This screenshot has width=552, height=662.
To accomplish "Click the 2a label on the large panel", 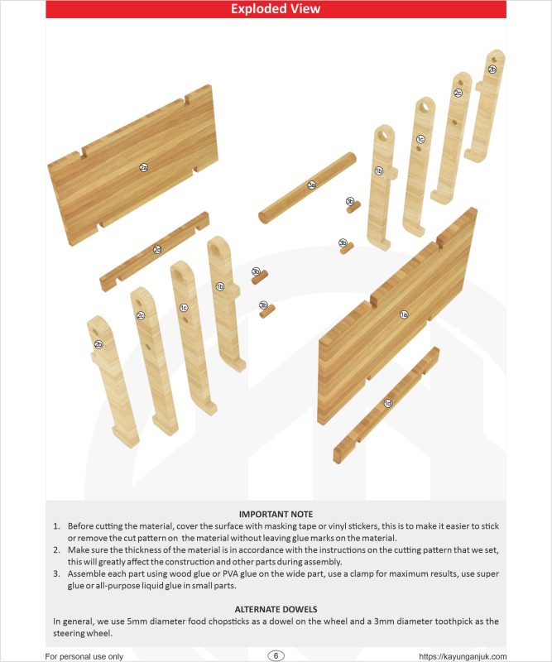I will tap(143, 168).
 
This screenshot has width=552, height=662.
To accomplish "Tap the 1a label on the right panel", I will tap(404, 314).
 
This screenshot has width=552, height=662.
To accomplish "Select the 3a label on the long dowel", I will tap(311, 185).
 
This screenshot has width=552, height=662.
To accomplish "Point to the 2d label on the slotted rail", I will tap(157, 249).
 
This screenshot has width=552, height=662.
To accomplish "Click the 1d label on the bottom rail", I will tap(387, 403).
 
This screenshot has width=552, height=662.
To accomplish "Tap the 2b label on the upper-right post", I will tap(492, 70).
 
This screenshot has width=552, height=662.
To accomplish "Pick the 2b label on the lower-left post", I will tap(98, 344).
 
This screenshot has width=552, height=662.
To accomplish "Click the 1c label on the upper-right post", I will tap(420, 139).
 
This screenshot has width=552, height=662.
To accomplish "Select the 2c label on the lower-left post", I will tap(141, 315).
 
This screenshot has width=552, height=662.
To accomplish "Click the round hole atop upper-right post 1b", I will tap(384, 133).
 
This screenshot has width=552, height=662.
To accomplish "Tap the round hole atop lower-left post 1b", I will tap(216, 246).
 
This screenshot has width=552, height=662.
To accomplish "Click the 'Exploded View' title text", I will tap(276, 10).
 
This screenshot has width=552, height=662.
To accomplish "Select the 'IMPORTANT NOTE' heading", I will tap(276, 514).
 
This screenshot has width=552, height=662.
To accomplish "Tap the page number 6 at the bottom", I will tap(276, 655).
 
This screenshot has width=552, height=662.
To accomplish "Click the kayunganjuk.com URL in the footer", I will tap(463, 656).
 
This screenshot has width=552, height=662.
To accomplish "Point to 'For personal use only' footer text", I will tap(84, 656).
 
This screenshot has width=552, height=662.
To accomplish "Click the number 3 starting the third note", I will tap(56, 573).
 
